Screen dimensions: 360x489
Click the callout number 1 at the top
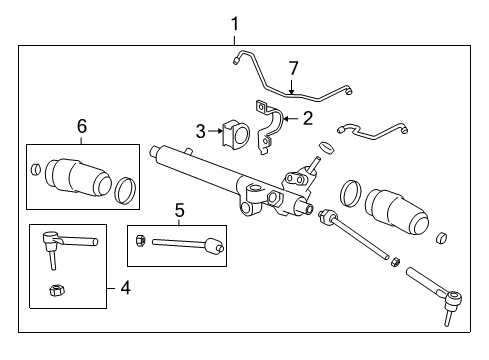coord(235,22)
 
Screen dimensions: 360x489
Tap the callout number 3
coord(200,130)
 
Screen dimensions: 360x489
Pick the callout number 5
coord(179,210)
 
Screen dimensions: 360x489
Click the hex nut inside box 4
coord(56,291)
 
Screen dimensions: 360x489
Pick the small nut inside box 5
coord(143,241)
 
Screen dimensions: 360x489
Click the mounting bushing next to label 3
coord(238,134)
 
